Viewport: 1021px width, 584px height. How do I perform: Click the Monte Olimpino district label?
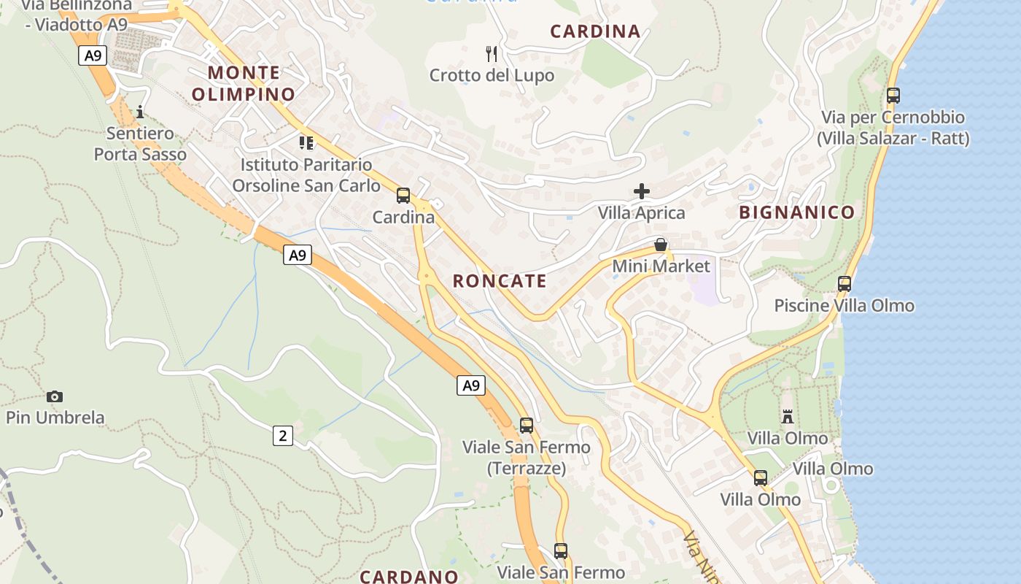[244, 83]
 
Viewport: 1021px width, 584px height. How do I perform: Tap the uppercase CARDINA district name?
[595, 31]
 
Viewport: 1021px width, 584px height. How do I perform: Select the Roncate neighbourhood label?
[500, 281]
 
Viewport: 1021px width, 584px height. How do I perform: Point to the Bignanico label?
[796, 212]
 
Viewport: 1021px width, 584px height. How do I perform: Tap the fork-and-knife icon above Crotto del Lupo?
[492, 53]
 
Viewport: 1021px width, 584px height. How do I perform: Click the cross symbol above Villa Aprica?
[642, 191]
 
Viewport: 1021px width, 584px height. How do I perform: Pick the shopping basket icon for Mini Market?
[661, 245]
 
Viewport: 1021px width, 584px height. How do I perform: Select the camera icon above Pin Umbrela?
[55, 396]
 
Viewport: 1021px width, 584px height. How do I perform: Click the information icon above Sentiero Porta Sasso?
[140, 112]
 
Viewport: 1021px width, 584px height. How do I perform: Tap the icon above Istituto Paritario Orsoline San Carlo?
[306, 142]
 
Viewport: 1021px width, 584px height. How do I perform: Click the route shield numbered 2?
[283, 436]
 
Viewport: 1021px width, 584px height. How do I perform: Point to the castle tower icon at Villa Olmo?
[788, 417]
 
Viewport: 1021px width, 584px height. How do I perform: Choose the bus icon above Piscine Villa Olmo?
[845, 283]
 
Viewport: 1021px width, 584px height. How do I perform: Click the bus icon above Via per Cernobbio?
[893, 95]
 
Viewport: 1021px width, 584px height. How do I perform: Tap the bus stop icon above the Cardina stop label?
[403, 195]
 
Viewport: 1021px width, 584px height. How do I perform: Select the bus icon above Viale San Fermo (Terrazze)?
[527, 425]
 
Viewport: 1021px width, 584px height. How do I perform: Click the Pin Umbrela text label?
[55, 418]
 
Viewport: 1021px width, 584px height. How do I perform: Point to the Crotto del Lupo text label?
[492, 75]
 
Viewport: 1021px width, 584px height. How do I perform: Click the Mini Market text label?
[661, 266]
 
